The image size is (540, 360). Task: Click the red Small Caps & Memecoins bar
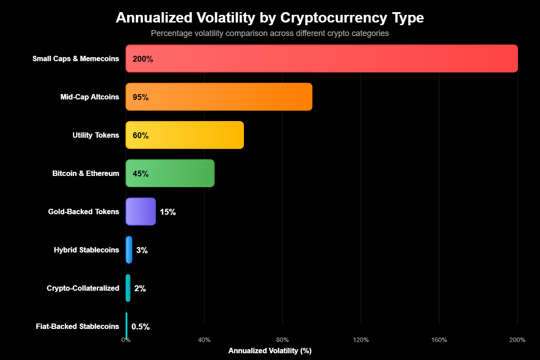point(322,58)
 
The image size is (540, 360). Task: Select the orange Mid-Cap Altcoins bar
point(219,97)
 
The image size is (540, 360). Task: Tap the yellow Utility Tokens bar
point(184,135)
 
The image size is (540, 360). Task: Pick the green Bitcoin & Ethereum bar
point(170,173)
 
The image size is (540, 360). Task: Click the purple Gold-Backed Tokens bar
point(140,211)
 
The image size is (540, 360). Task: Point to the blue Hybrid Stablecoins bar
point(129,250)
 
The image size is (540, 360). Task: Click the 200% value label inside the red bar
point(143,59)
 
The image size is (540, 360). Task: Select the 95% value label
point(140,97)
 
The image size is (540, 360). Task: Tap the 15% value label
point(167,212)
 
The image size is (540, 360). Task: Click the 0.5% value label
point(140,327)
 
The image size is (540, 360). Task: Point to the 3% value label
point(142,250)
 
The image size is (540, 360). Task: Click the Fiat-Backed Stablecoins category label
point(77,327)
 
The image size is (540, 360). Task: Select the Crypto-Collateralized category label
point(83,288)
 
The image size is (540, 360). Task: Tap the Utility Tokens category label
point(95,135)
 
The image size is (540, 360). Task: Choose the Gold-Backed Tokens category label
point(83,212)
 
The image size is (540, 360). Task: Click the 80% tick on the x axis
point(282,340)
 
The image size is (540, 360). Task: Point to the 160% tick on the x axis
point(439,340)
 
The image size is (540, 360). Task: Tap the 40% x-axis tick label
point(204,340)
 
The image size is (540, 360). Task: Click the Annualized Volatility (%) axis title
point(270,351)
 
